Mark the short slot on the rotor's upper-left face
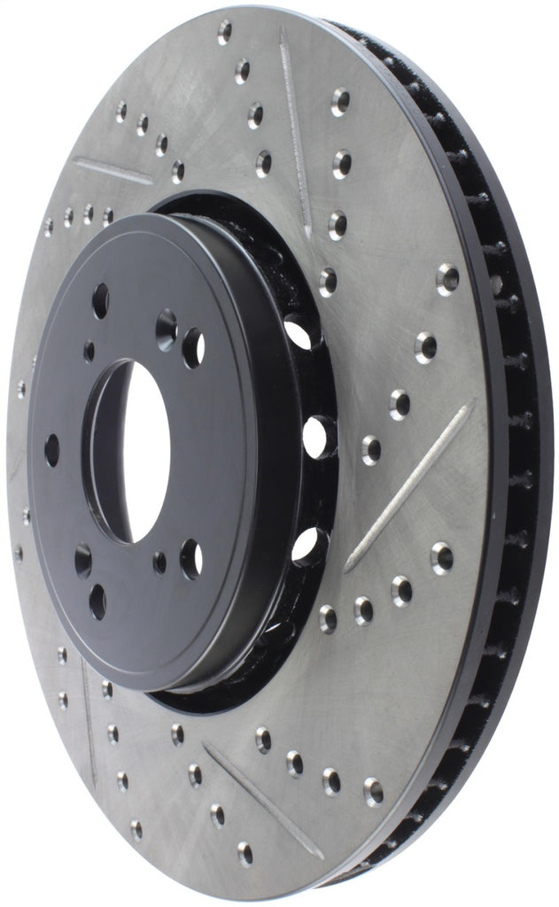[113, 171]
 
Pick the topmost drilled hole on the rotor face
[224, 32]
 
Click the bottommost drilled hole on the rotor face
[245, 853]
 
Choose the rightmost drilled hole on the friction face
[448, 278]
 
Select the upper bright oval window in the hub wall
[299, 333]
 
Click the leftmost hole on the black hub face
[52, 450]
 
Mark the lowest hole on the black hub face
[97, 601]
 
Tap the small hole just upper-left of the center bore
[89, 352]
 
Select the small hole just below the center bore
[159, 562]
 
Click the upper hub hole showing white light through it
[192, 346]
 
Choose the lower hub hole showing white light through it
[190, 558]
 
